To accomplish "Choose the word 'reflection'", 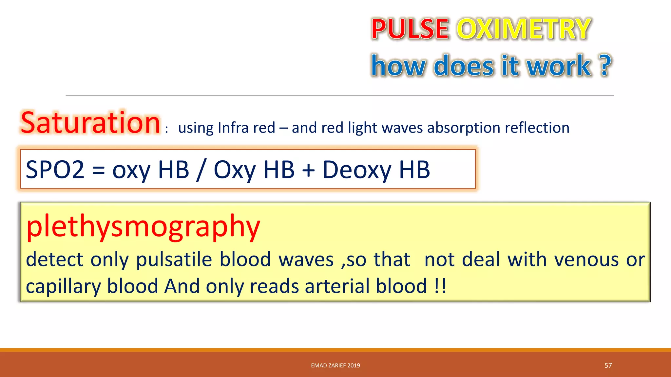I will click(x=537, y=128).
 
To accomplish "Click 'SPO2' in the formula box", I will click(x=55, y=170).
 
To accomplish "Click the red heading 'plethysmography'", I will click(x=143, y=226).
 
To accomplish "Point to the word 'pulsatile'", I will click(x=174, y=260).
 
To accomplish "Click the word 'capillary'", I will click(x=63, y=286).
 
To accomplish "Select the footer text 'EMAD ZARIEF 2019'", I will click(x=335, y=365).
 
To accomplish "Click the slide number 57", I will click(x=608, y=365).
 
